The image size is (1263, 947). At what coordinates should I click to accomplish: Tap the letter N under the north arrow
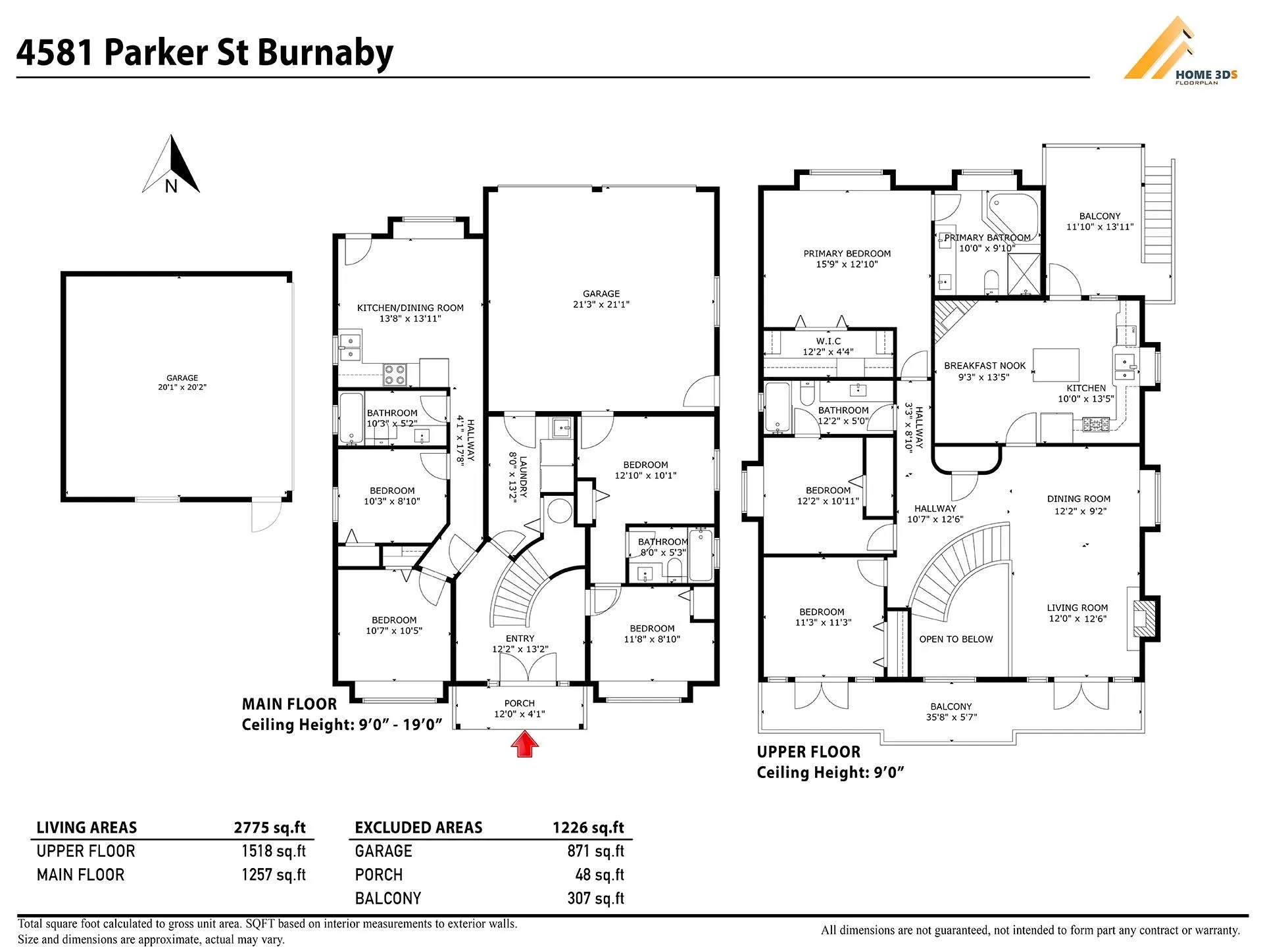171,187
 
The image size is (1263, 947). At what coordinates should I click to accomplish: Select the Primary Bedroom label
847,253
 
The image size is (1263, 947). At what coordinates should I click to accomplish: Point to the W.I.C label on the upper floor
828,341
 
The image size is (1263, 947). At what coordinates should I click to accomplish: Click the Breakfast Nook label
985,366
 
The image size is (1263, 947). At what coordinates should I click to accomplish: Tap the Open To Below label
956,639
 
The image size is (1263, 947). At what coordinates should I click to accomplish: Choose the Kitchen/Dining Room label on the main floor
410,308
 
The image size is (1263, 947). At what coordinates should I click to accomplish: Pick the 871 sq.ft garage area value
595,851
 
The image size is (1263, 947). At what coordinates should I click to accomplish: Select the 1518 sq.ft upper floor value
273,851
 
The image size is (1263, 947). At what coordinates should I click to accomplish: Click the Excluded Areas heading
418,827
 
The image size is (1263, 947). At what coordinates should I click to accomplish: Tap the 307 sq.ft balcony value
595,898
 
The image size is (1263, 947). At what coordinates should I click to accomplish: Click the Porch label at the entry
519,703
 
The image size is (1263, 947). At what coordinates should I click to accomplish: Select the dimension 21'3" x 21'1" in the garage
601,304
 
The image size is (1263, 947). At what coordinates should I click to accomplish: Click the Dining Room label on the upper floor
1079,499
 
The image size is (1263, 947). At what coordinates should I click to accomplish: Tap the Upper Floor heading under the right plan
808,752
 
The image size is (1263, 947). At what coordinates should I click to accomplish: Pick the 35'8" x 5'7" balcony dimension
951,717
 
